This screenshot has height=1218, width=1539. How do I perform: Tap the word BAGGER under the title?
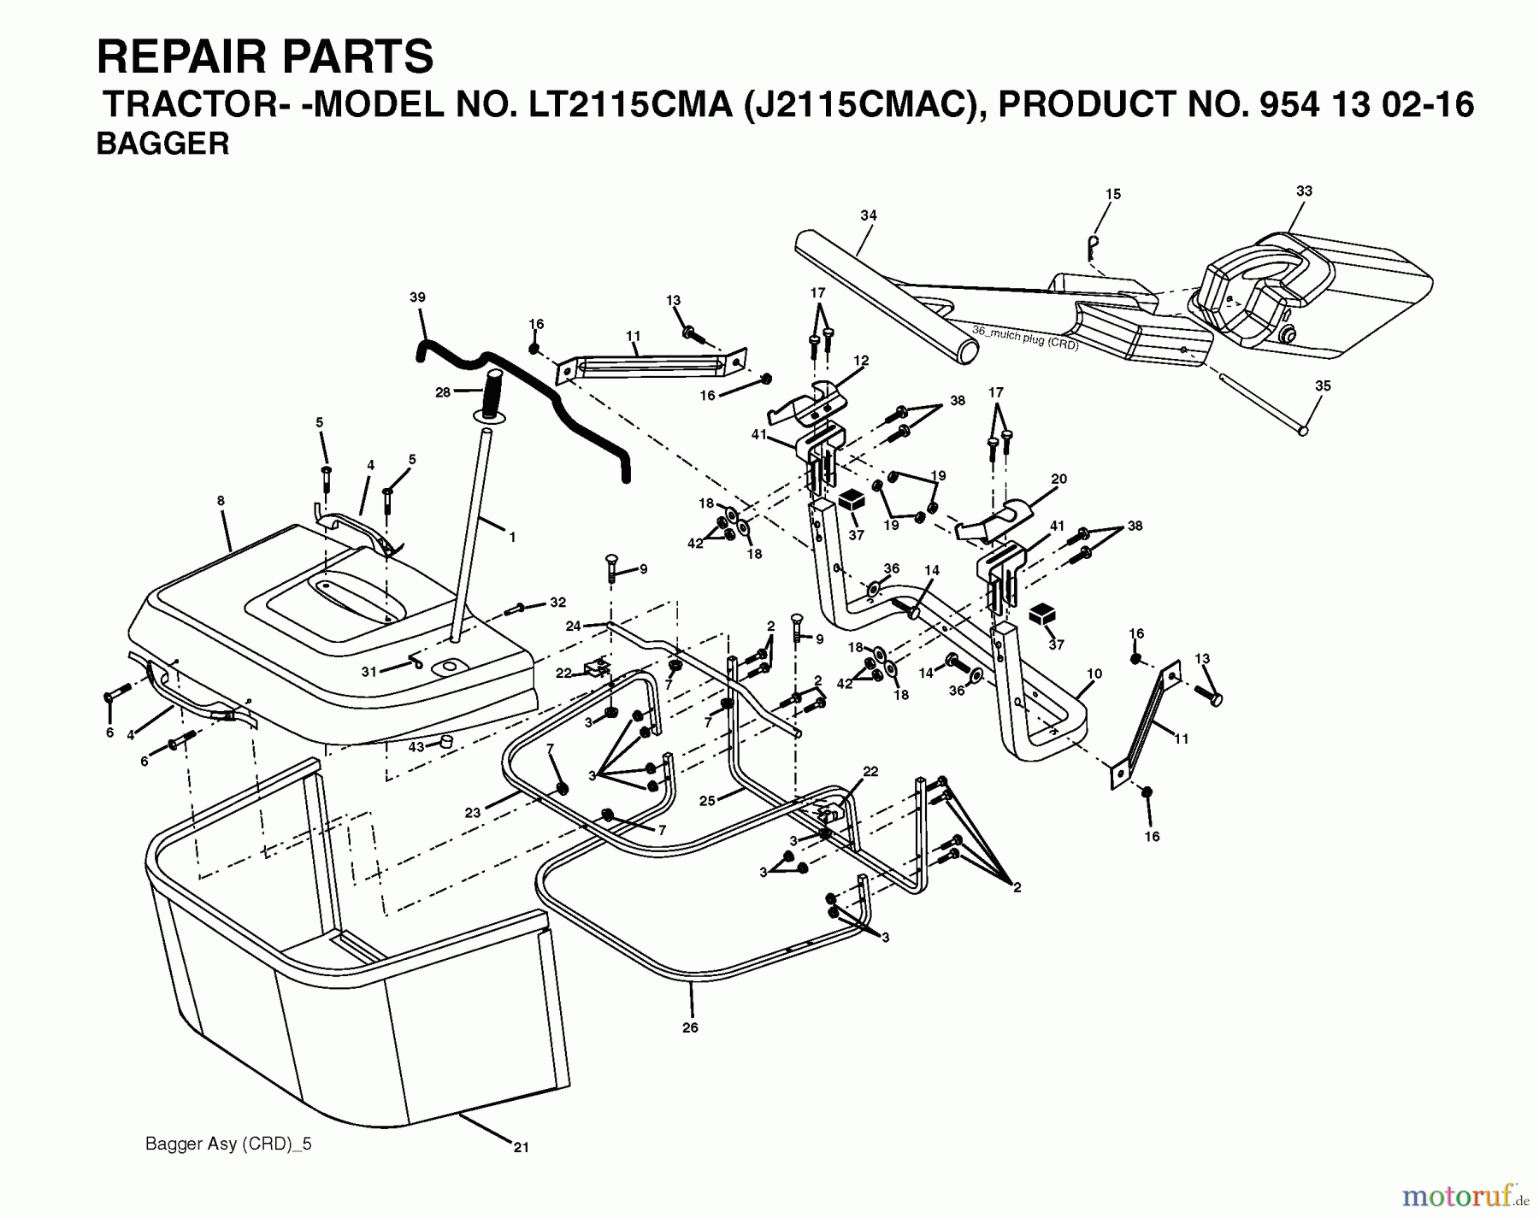coord(162,144)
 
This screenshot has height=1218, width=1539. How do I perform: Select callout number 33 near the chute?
coord(1304,191)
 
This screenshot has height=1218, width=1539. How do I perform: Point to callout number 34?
coord(869,215)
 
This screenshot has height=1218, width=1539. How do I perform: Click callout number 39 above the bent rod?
coord(417,297)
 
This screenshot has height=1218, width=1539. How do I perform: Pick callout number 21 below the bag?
coord(521,1148)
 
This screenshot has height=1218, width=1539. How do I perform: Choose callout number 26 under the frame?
coord(690,1027)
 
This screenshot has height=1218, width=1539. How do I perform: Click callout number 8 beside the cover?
coord(221,501)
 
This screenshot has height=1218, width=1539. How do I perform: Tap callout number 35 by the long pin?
coord(1323,386)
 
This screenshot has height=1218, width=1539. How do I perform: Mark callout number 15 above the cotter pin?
coord(1112,195)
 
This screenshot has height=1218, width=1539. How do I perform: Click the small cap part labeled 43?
coord(445,740)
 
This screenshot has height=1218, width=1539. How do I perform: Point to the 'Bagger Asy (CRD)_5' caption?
coord(228,1144)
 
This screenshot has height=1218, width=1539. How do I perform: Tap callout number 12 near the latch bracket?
coord(860,361)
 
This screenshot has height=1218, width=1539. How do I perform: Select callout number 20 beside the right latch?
coord(1058,480)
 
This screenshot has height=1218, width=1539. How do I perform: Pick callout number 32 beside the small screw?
coord(557,603)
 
